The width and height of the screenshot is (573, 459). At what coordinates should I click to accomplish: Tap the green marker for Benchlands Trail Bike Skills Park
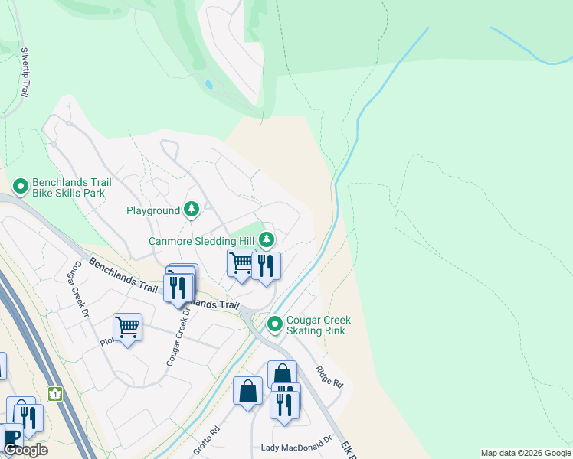tap(20, 185)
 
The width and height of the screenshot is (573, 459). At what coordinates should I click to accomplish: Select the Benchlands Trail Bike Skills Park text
tap(72, 188)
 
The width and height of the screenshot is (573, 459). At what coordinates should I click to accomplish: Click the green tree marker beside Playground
tap(191, 209)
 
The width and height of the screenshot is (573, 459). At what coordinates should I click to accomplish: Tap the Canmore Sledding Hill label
tap(201, 241)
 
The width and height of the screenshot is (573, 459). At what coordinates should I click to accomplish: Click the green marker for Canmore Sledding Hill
tap(266, 240)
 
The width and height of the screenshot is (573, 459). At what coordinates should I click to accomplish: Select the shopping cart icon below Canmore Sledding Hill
tap(241, 263)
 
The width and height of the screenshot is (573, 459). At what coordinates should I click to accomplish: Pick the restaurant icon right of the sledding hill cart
tap(266, 265)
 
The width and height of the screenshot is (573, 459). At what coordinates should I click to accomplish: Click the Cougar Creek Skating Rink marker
tap(275, 325)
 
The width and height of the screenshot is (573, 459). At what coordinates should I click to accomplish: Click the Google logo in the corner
tap(26, 450)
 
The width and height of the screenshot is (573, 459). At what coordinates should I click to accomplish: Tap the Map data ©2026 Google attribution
tap(526, 453)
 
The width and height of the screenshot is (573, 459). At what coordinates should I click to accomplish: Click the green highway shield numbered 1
tap(54, 393)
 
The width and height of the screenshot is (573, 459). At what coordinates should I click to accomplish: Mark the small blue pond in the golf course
tap(208, 85)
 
